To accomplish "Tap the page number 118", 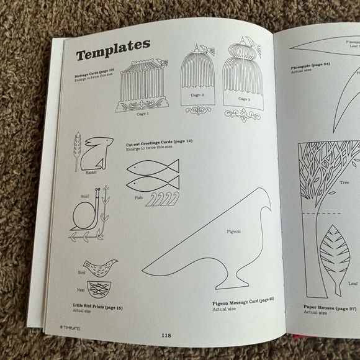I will click(x=166, y=335).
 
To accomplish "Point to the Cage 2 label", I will click(x=197, y=96).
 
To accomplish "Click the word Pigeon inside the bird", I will click(x=233, y=231).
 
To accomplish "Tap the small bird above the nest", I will click(x=100, y=267).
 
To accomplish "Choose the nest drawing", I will click(x=99, y=288).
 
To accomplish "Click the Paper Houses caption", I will click(x=330, y=308).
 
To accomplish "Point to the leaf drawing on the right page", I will click(x=335, y=257).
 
